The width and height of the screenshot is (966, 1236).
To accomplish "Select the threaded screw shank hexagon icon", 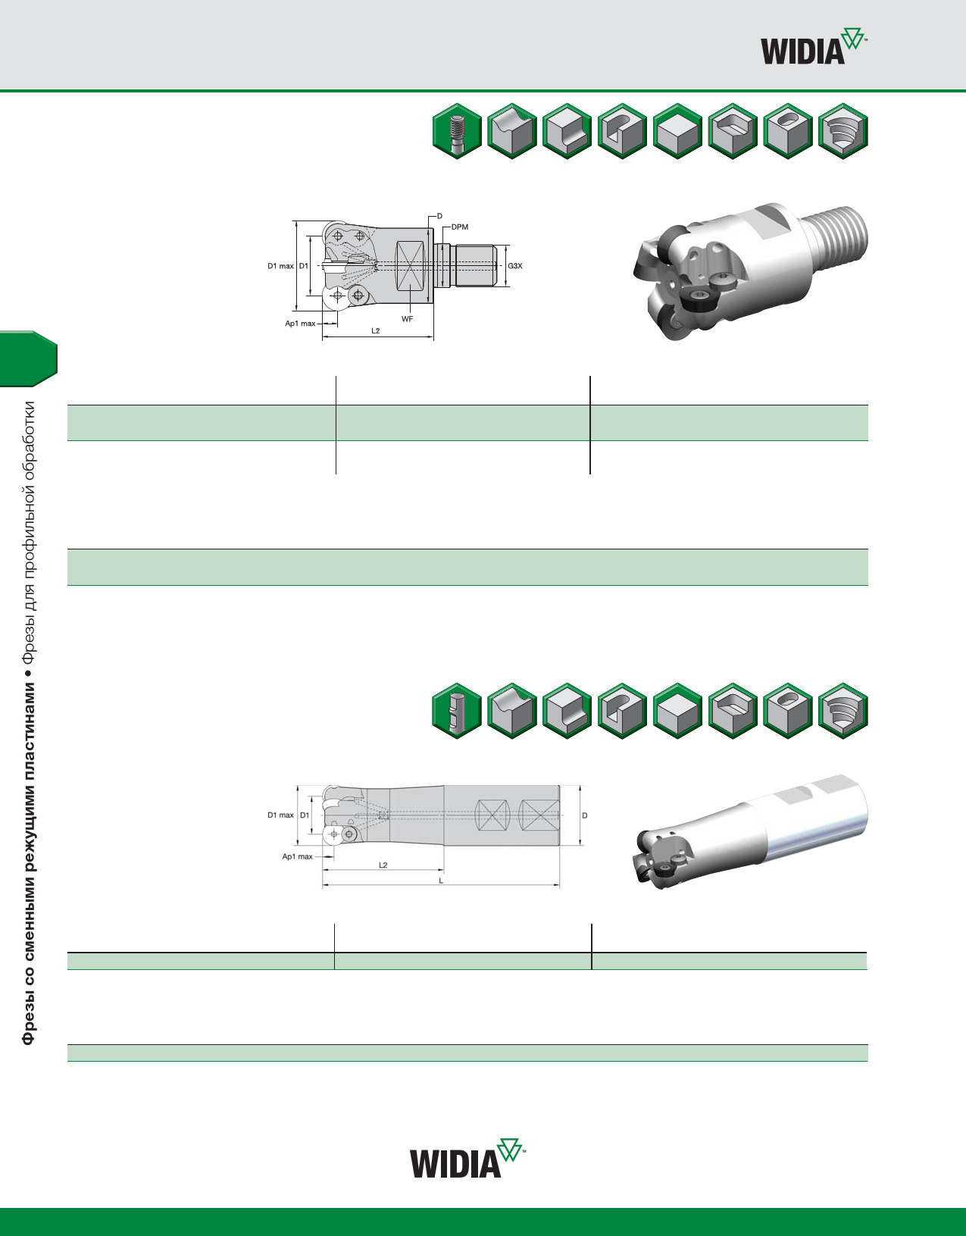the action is point(457,131).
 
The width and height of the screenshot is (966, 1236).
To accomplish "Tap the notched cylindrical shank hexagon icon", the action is point(457,711).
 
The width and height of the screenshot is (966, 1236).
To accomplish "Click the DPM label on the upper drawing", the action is point(460,227).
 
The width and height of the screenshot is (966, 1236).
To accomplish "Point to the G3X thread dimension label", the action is point(515,266).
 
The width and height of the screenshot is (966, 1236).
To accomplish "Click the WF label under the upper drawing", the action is point(407,319).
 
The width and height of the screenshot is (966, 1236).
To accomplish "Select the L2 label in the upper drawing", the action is point(375,330).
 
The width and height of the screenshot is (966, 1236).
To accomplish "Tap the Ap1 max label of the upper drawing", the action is point(300,324).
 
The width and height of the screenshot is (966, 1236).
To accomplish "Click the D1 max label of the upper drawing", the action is point(281,266).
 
